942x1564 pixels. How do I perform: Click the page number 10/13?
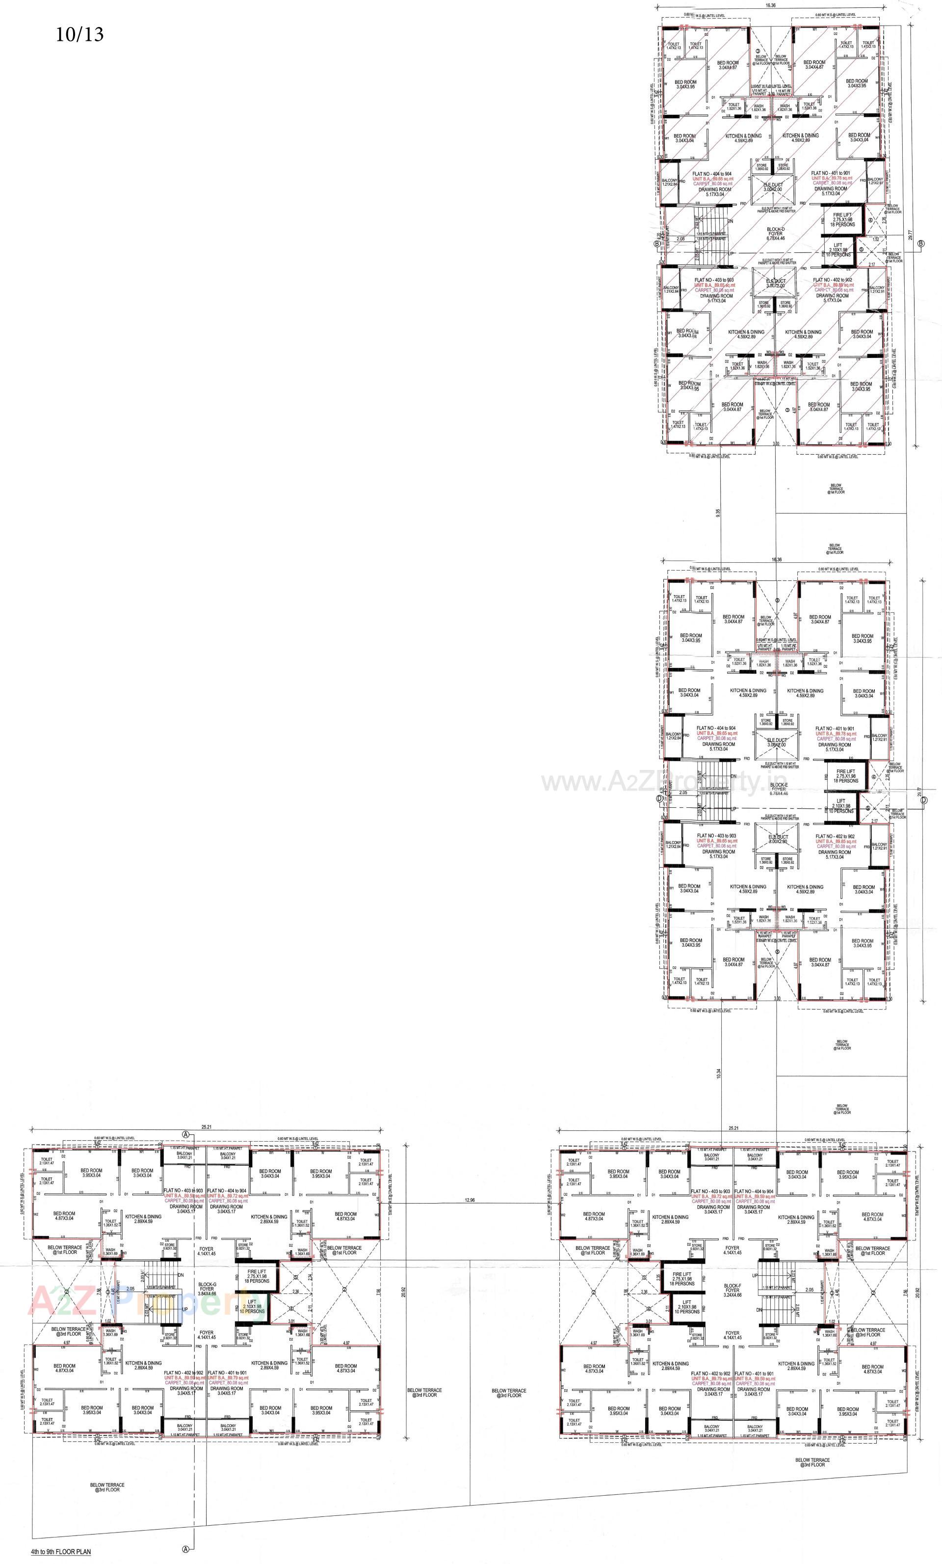(79, 34)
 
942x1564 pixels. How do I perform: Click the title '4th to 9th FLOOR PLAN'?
(61, 1547)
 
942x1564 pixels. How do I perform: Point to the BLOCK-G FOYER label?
(207, 1289)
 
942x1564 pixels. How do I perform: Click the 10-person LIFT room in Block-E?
(839, 806)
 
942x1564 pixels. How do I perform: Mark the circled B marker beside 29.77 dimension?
(920, 243)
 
